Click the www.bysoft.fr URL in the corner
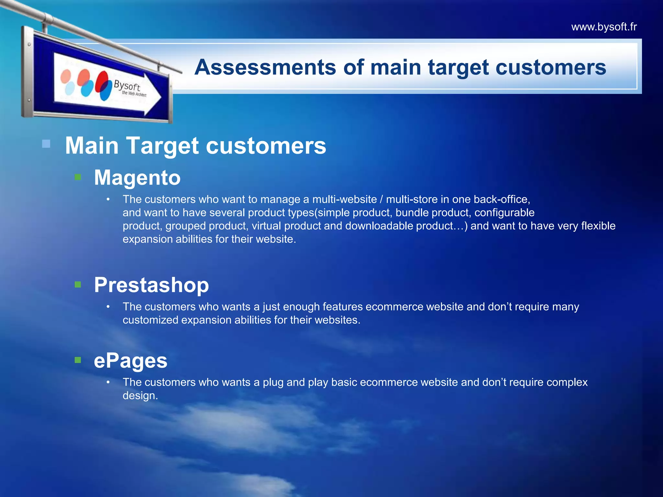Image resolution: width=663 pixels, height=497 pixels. [604, 27]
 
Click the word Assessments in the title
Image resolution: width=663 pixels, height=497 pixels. [265, 67]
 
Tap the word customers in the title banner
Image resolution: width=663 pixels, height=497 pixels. [550, 67]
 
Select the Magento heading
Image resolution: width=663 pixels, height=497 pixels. [137, 178]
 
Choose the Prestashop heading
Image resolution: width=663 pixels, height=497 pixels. [151, 285]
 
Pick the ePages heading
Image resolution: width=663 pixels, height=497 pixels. [130, 360]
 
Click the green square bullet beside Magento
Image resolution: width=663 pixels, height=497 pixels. [78, 177]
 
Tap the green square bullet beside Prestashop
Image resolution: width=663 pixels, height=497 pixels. [78, 284]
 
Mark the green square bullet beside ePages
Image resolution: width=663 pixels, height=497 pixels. [78, 360]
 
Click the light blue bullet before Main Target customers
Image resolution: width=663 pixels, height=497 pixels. [46, 144]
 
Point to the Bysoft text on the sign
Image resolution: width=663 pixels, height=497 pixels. [127, 86]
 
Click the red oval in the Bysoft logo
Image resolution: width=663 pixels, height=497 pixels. [103, 81]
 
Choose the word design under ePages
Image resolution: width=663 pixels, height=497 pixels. [140, 396]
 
